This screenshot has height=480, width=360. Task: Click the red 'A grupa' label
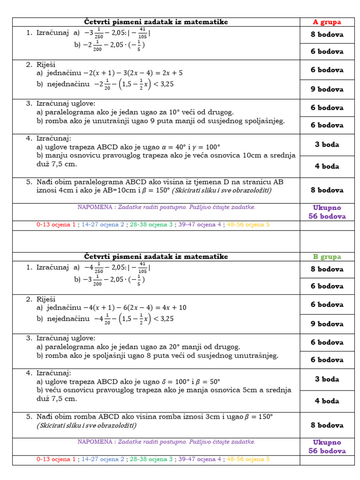327,22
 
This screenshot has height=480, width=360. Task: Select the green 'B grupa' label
327,257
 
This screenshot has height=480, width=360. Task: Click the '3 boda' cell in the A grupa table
327,144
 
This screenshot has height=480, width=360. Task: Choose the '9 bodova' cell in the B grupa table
327,324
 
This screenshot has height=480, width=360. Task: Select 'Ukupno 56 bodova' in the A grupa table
327,212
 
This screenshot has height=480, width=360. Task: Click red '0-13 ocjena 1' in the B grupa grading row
56,459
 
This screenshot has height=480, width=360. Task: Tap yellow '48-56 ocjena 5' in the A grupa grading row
248,225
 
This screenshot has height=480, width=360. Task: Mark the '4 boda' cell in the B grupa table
327,401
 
